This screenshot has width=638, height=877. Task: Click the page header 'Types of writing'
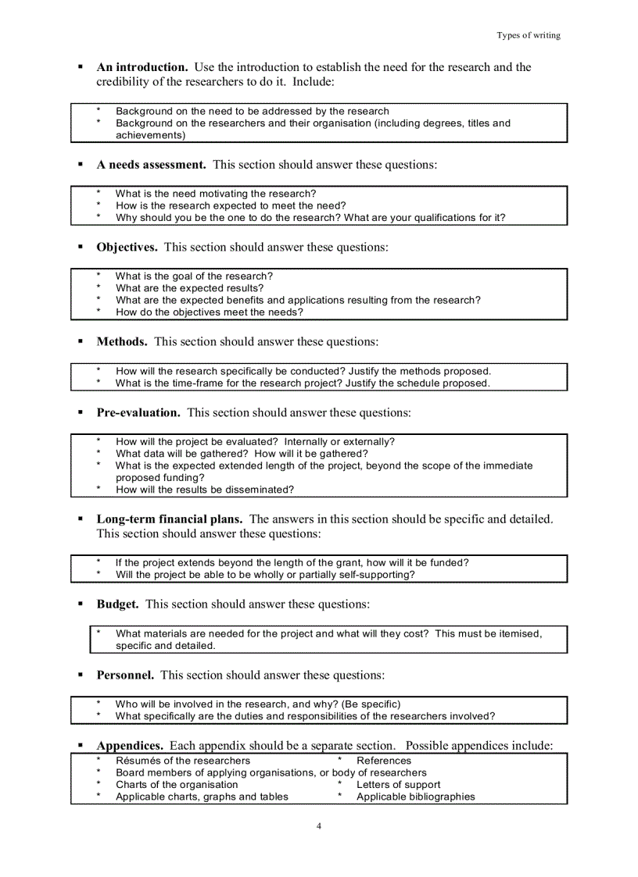[x=529, y=35]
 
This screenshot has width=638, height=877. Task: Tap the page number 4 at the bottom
[x=319, y=826]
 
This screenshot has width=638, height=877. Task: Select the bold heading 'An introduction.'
[x=142, y=67]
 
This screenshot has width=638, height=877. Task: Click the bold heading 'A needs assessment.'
[x=151, y=165]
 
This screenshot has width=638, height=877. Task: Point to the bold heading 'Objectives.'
[x=127, y=248]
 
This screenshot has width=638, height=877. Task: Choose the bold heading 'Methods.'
[x=122, y=342]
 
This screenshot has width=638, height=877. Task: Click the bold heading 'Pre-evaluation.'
[x=138, y=412]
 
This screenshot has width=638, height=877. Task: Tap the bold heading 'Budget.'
[x=118, y=604]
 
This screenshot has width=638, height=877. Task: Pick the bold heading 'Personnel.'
[x=125, y=675]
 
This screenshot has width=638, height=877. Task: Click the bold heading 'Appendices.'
[x=130, y=746]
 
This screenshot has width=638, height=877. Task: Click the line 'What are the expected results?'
[x=190, y=288]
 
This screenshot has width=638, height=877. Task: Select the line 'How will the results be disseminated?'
[x=205, y=490]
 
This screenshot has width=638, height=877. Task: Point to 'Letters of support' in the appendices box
[x=398, y=785]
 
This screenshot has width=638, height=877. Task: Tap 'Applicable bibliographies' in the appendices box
[x=415, y=797]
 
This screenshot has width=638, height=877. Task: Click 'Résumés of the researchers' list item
[x=183, y=761]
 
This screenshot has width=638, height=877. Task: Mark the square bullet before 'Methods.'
[x=81, y=342]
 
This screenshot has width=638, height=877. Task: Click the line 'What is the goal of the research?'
[x=194, y=276]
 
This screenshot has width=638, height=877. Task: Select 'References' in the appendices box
[x=383, y=761]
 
